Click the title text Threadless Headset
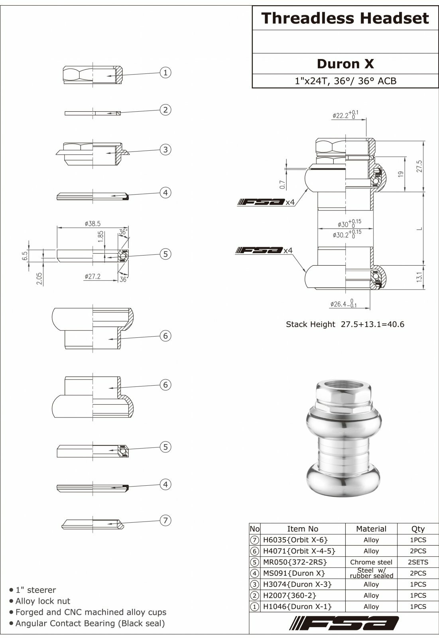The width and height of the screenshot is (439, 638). click(x=345, y=18)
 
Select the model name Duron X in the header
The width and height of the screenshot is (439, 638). click(x=345, y=64)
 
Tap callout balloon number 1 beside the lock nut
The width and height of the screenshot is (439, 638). click(x=165, y=73)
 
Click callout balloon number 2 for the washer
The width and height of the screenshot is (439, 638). click(x=165, y=110)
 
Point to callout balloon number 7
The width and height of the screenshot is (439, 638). click(x=165, y=520)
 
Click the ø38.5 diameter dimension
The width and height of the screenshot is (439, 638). click(x=93, y=224)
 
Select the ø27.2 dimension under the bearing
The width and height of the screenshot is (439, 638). click(x=93, y=276)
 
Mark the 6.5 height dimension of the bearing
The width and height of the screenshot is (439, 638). click(x=25, y=255)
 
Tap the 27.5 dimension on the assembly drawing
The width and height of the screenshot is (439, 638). click(x=419, y=166)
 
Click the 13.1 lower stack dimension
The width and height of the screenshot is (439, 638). click(x=419, y=277)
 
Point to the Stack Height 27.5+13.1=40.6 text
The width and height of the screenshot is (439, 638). click(x=345, y=324)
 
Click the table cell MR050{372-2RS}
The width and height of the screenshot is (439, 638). click(x=295, y=562)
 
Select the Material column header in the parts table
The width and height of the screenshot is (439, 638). click(x=371, y=529)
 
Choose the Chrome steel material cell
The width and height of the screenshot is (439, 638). click(x=371, y=562)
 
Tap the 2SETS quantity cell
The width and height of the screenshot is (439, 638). click(x=418, y=562)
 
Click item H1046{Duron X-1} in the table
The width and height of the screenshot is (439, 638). click(x=297, y=606)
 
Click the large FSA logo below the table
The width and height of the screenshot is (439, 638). click(x=344, y=623)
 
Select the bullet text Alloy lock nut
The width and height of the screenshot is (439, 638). click(x=43, y=601)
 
